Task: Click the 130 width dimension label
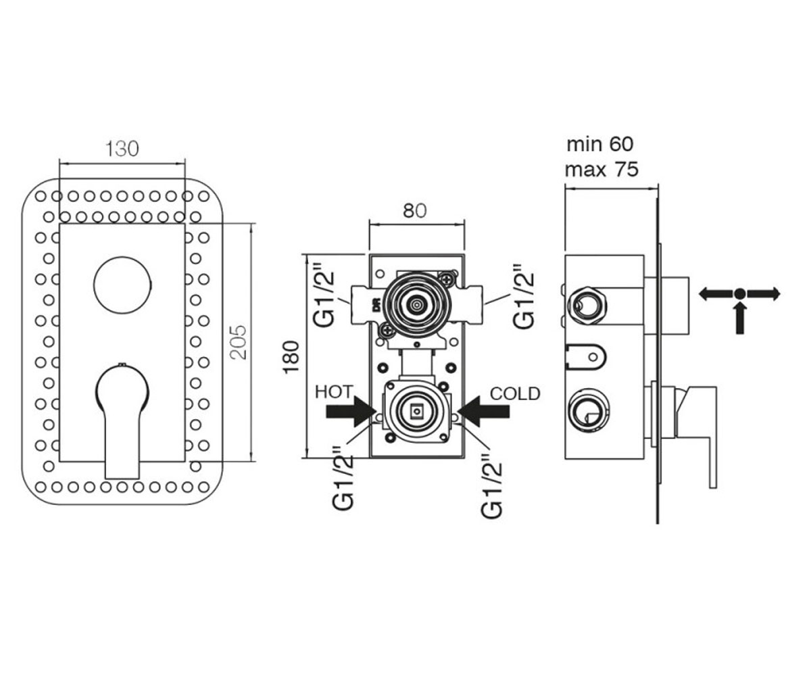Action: pos(122,149)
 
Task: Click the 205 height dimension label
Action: pos(238,342)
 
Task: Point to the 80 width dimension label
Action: pos(414,211)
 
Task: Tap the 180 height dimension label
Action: pos(291,358)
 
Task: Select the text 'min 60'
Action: pos(599,144)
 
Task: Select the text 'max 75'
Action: pos(601,170)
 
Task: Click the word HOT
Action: pos(334,392)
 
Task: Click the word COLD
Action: pos(515,393)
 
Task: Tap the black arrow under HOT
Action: pos(351,412)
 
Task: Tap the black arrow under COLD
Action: pos(484,412)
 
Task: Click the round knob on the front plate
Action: pos(122,285)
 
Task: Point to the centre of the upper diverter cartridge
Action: pos(417,305)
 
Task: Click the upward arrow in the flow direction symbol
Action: pos(740,318)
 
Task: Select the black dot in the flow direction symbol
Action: pos(740,293)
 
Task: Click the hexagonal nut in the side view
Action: pos(587,305)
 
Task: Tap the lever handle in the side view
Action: pos(695,431)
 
